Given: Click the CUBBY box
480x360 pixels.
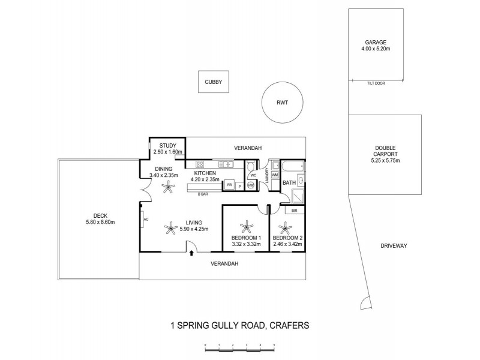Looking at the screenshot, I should (x=214, y=82).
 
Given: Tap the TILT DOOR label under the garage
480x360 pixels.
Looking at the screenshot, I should (x=376, y=83).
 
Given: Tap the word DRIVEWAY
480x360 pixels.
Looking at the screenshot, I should (x=394, y=246).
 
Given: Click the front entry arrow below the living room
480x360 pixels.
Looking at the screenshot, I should (x=191, y=254).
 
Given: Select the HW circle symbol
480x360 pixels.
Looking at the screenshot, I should (x=250, y=186).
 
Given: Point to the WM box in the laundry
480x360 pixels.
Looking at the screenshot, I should (x=274, y=175).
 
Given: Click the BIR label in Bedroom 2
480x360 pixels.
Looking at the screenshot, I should (x=294, y=211).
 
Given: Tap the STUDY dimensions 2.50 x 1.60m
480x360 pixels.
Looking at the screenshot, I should (x=166, y=152).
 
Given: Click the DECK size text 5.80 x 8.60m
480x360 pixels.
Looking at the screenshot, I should (x=100, y=222).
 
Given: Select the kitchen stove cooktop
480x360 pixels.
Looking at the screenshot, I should (x=200, y=164).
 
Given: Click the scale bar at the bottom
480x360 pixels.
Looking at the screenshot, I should (x=239, y=346).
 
